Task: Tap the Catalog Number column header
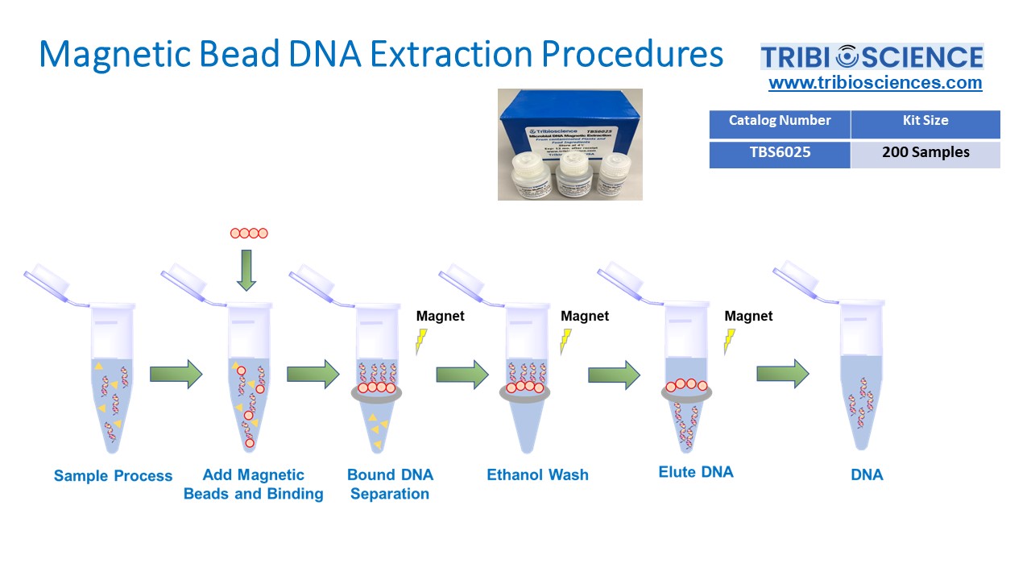pyautogui.click(x=779, y=122)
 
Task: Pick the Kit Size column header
pyautogui.click(x=925, y=122)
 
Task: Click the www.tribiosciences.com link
pyautogui.click(x=875, y=83)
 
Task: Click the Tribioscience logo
pyautogui.click(x=872, y=56)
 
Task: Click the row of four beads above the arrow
pyautogui.click(x=248, y=234)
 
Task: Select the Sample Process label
pyautogui.click(x=113, y=476)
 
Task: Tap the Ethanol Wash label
pyautogui.click(x=537, y=475)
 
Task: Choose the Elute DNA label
pyautogui.click(x=696, y=473)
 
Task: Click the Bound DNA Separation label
pyautogui.click(x=390, y=484)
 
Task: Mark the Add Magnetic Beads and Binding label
pyautogui.click(x=253, y=484)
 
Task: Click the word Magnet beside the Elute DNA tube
pyautogui.click(x=748, y=317)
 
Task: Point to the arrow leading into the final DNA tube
pyautogui.click(x=782, y=373)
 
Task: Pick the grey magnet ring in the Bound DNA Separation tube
pyautogui.click(x=378, y=392)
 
